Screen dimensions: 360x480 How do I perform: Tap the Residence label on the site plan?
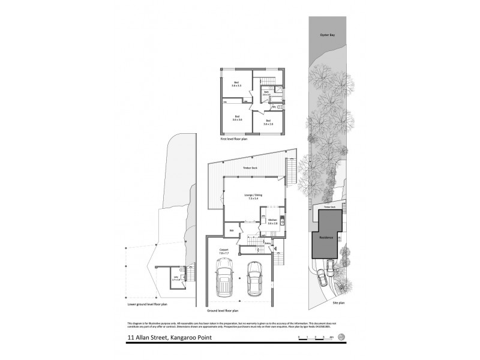(x=326, y=238)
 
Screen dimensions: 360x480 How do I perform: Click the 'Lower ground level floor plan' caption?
(x=148, y=304)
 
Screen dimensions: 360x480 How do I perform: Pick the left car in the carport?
(x=226, y=280)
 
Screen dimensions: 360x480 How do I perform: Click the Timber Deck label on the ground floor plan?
(x=249, y=169)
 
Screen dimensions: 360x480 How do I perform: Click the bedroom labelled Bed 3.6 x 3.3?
(x=236, y=85)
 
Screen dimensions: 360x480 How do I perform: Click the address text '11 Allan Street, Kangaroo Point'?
(x=169, y=338)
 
